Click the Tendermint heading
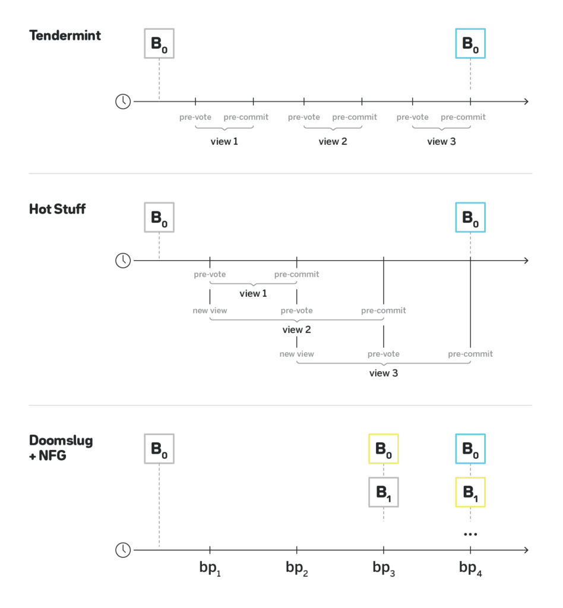(x=65, y=36)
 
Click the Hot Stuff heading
(x=58, y=210)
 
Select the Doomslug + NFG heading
(x=61, y=448)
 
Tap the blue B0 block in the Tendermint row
(x=470, y=43)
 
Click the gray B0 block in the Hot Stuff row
(x=159, y=217)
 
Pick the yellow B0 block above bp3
(x=384, y=449)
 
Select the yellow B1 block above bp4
(x=470, y=492)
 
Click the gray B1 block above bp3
(x=384, y=492)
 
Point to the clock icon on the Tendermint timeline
(x=123, y=102)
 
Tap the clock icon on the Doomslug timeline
(x=123, y=550)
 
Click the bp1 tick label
(x=210, y=568)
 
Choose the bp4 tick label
(x=470, y=568)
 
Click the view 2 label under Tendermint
(x=333, y=141)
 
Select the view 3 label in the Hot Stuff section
(x=384, y=373)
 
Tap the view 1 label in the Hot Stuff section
(x=253, y=293)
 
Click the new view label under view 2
(x=296, y=354)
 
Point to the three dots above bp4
(x=470, y=534)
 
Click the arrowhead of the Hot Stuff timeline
(x=527, y=261)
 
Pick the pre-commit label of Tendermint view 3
(x=463, y=117)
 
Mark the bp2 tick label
(x=296, y=568)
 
